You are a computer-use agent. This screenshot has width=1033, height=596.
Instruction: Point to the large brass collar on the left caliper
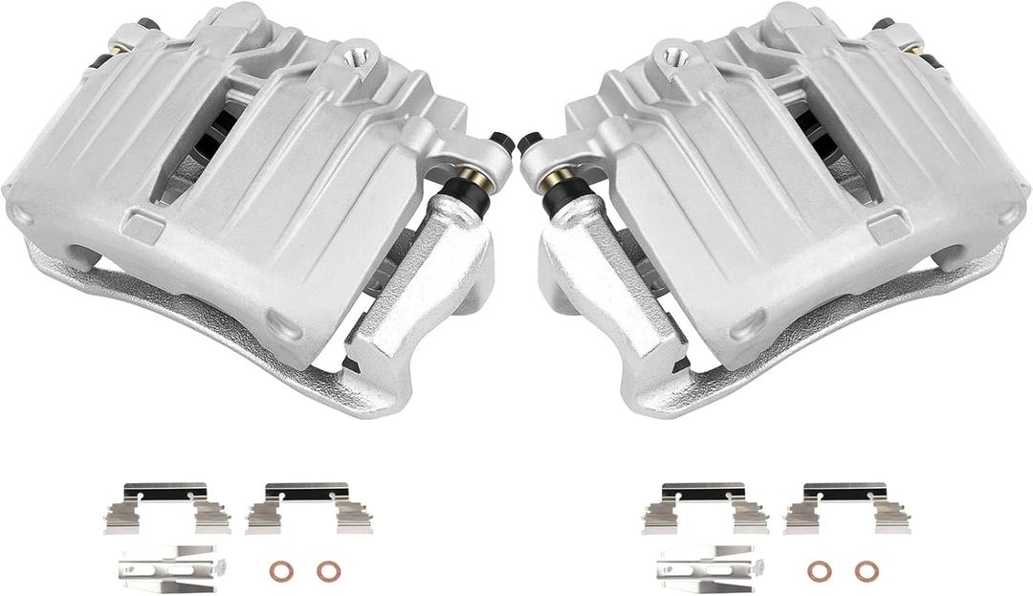coord(471,179)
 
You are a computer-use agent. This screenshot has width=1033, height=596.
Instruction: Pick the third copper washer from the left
coord(819,570)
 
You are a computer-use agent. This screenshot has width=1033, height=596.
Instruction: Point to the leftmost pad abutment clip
coord(166,508)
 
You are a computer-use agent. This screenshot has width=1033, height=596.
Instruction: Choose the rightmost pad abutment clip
coord(847,509)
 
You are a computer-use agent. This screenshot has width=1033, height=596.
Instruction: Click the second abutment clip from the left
coord(309,508)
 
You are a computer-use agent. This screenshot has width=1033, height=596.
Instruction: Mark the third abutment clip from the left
coord(706,509)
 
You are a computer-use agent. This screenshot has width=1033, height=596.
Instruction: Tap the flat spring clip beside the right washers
coord(706,567)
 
